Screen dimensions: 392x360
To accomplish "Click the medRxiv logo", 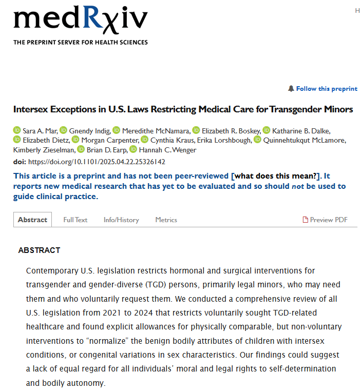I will tap(81, 21).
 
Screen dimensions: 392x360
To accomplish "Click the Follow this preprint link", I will tap(327, 89).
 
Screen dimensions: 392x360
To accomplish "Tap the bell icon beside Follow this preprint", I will tap(291, 89).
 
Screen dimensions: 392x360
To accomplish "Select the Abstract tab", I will tap(32, 220).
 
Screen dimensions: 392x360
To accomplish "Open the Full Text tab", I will tap(75, 220).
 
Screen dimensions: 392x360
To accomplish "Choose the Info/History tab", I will tap(121, 220).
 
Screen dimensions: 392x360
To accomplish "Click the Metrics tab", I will tap(166, 220).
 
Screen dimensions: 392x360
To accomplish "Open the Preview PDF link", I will tap(329, 220).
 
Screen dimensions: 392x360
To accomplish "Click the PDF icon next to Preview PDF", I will tap(306, 220).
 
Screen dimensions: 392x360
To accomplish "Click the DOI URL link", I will tap(96, 162).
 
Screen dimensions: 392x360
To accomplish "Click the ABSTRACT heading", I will tap(39, 250).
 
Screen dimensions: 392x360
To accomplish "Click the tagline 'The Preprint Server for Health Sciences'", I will tap(81, 42).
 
